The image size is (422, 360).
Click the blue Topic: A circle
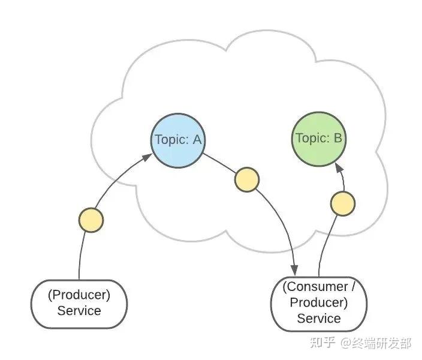coord(177,140)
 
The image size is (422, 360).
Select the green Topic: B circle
coord(319,139)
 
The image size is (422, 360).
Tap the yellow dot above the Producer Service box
coord(91,220)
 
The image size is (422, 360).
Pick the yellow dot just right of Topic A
coord(247,179)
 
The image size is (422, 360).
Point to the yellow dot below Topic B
coord(343,203)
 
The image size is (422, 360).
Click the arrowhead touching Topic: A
coord(147,157)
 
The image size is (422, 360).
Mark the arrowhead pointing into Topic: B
coord(339,168)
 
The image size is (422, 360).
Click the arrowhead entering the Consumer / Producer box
coord(294,270)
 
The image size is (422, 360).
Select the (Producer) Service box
coord(79,304)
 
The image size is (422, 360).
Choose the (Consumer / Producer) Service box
coord(319,304)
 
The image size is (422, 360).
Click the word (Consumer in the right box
coord(315,287)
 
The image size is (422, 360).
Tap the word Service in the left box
coord(79,311)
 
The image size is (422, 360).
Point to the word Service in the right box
coord(319,319)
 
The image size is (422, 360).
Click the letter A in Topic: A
coord(197,140)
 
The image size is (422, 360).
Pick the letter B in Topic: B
coord(337,138)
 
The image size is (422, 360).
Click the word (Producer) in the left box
coord(79,295)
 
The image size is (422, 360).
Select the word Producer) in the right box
coord(319,302)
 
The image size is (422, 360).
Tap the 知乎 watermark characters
coord(322,343)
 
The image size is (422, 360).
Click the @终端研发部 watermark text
coord(376,343)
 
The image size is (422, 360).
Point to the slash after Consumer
coord(354,287)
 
